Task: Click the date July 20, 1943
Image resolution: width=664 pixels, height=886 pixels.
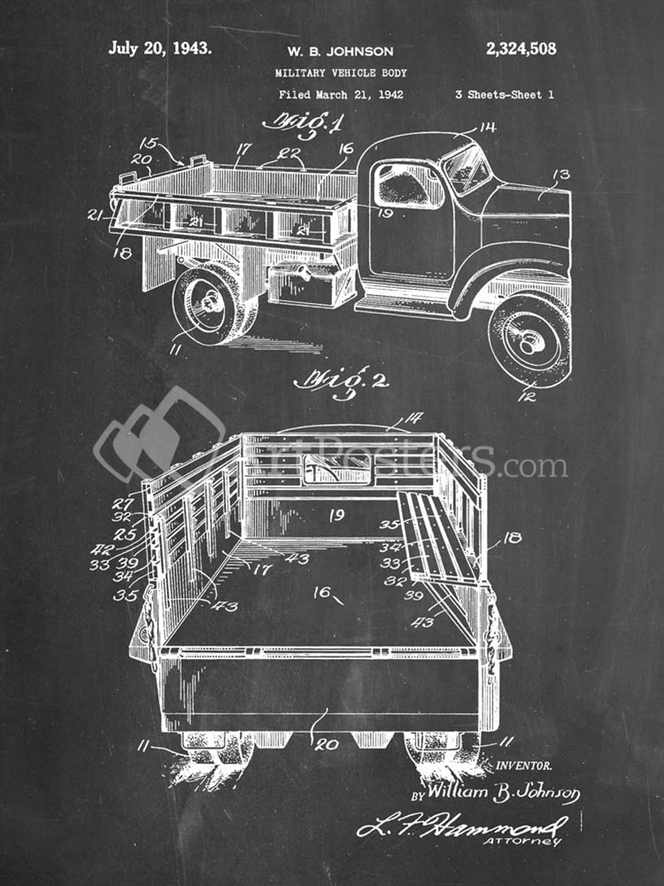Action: tap(159, 48)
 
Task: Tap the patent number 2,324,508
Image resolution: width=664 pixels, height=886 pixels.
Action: tap(520, 49)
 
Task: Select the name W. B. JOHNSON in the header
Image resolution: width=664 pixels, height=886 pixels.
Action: tap(340, 52)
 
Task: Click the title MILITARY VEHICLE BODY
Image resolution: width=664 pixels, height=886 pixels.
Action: tap(341, 74)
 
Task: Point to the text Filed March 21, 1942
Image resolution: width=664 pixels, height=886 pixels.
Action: tap(341, 95)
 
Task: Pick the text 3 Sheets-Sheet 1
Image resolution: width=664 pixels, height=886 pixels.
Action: tap(504, 95)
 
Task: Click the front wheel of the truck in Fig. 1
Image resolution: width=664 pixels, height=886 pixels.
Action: tap(529, 340)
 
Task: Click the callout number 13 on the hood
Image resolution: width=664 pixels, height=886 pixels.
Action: tap(560, 176)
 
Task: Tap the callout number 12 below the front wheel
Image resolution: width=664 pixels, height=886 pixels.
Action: tap(527, 397)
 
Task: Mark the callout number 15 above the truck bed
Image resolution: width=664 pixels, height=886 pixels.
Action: tap(149, 143)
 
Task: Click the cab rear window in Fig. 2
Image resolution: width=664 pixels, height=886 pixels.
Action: tap(335, 470)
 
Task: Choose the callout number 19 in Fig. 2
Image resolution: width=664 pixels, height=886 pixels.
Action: tap(336, 516)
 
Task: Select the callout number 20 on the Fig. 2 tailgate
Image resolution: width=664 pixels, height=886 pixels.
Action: tap(326, 743)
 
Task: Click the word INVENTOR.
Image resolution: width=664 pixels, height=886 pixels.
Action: tap(524, 766)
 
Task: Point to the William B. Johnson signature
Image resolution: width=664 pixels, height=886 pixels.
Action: tap(503, 792)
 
